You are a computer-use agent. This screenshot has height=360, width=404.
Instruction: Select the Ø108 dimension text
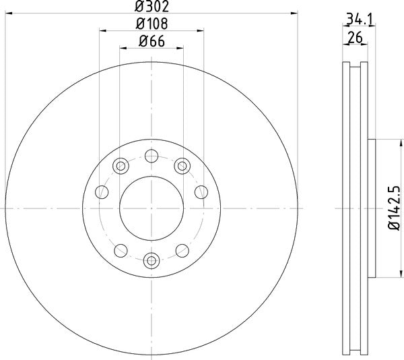point(151,24)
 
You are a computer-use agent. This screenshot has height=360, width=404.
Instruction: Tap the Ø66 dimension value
point(151,41)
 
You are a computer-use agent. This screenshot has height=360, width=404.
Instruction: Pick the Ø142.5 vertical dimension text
point(396,208)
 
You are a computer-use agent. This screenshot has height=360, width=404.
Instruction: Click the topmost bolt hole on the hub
point(151,156)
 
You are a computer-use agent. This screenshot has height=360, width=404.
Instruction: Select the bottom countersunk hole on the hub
point(151,259)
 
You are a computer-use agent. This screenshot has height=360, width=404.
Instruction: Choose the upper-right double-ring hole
point(181,165)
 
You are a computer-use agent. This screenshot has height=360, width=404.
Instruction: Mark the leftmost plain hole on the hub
point(102,192)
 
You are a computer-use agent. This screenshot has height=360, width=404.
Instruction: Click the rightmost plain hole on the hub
point(201,192)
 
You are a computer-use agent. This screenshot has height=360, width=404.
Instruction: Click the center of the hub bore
point(151,208)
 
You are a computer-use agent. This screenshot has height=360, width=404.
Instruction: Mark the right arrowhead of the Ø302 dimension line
point(294,13)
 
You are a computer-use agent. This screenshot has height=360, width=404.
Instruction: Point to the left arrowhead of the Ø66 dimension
point(123,48)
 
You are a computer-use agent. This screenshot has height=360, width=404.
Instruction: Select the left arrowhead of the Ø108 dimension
point(102,30)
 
